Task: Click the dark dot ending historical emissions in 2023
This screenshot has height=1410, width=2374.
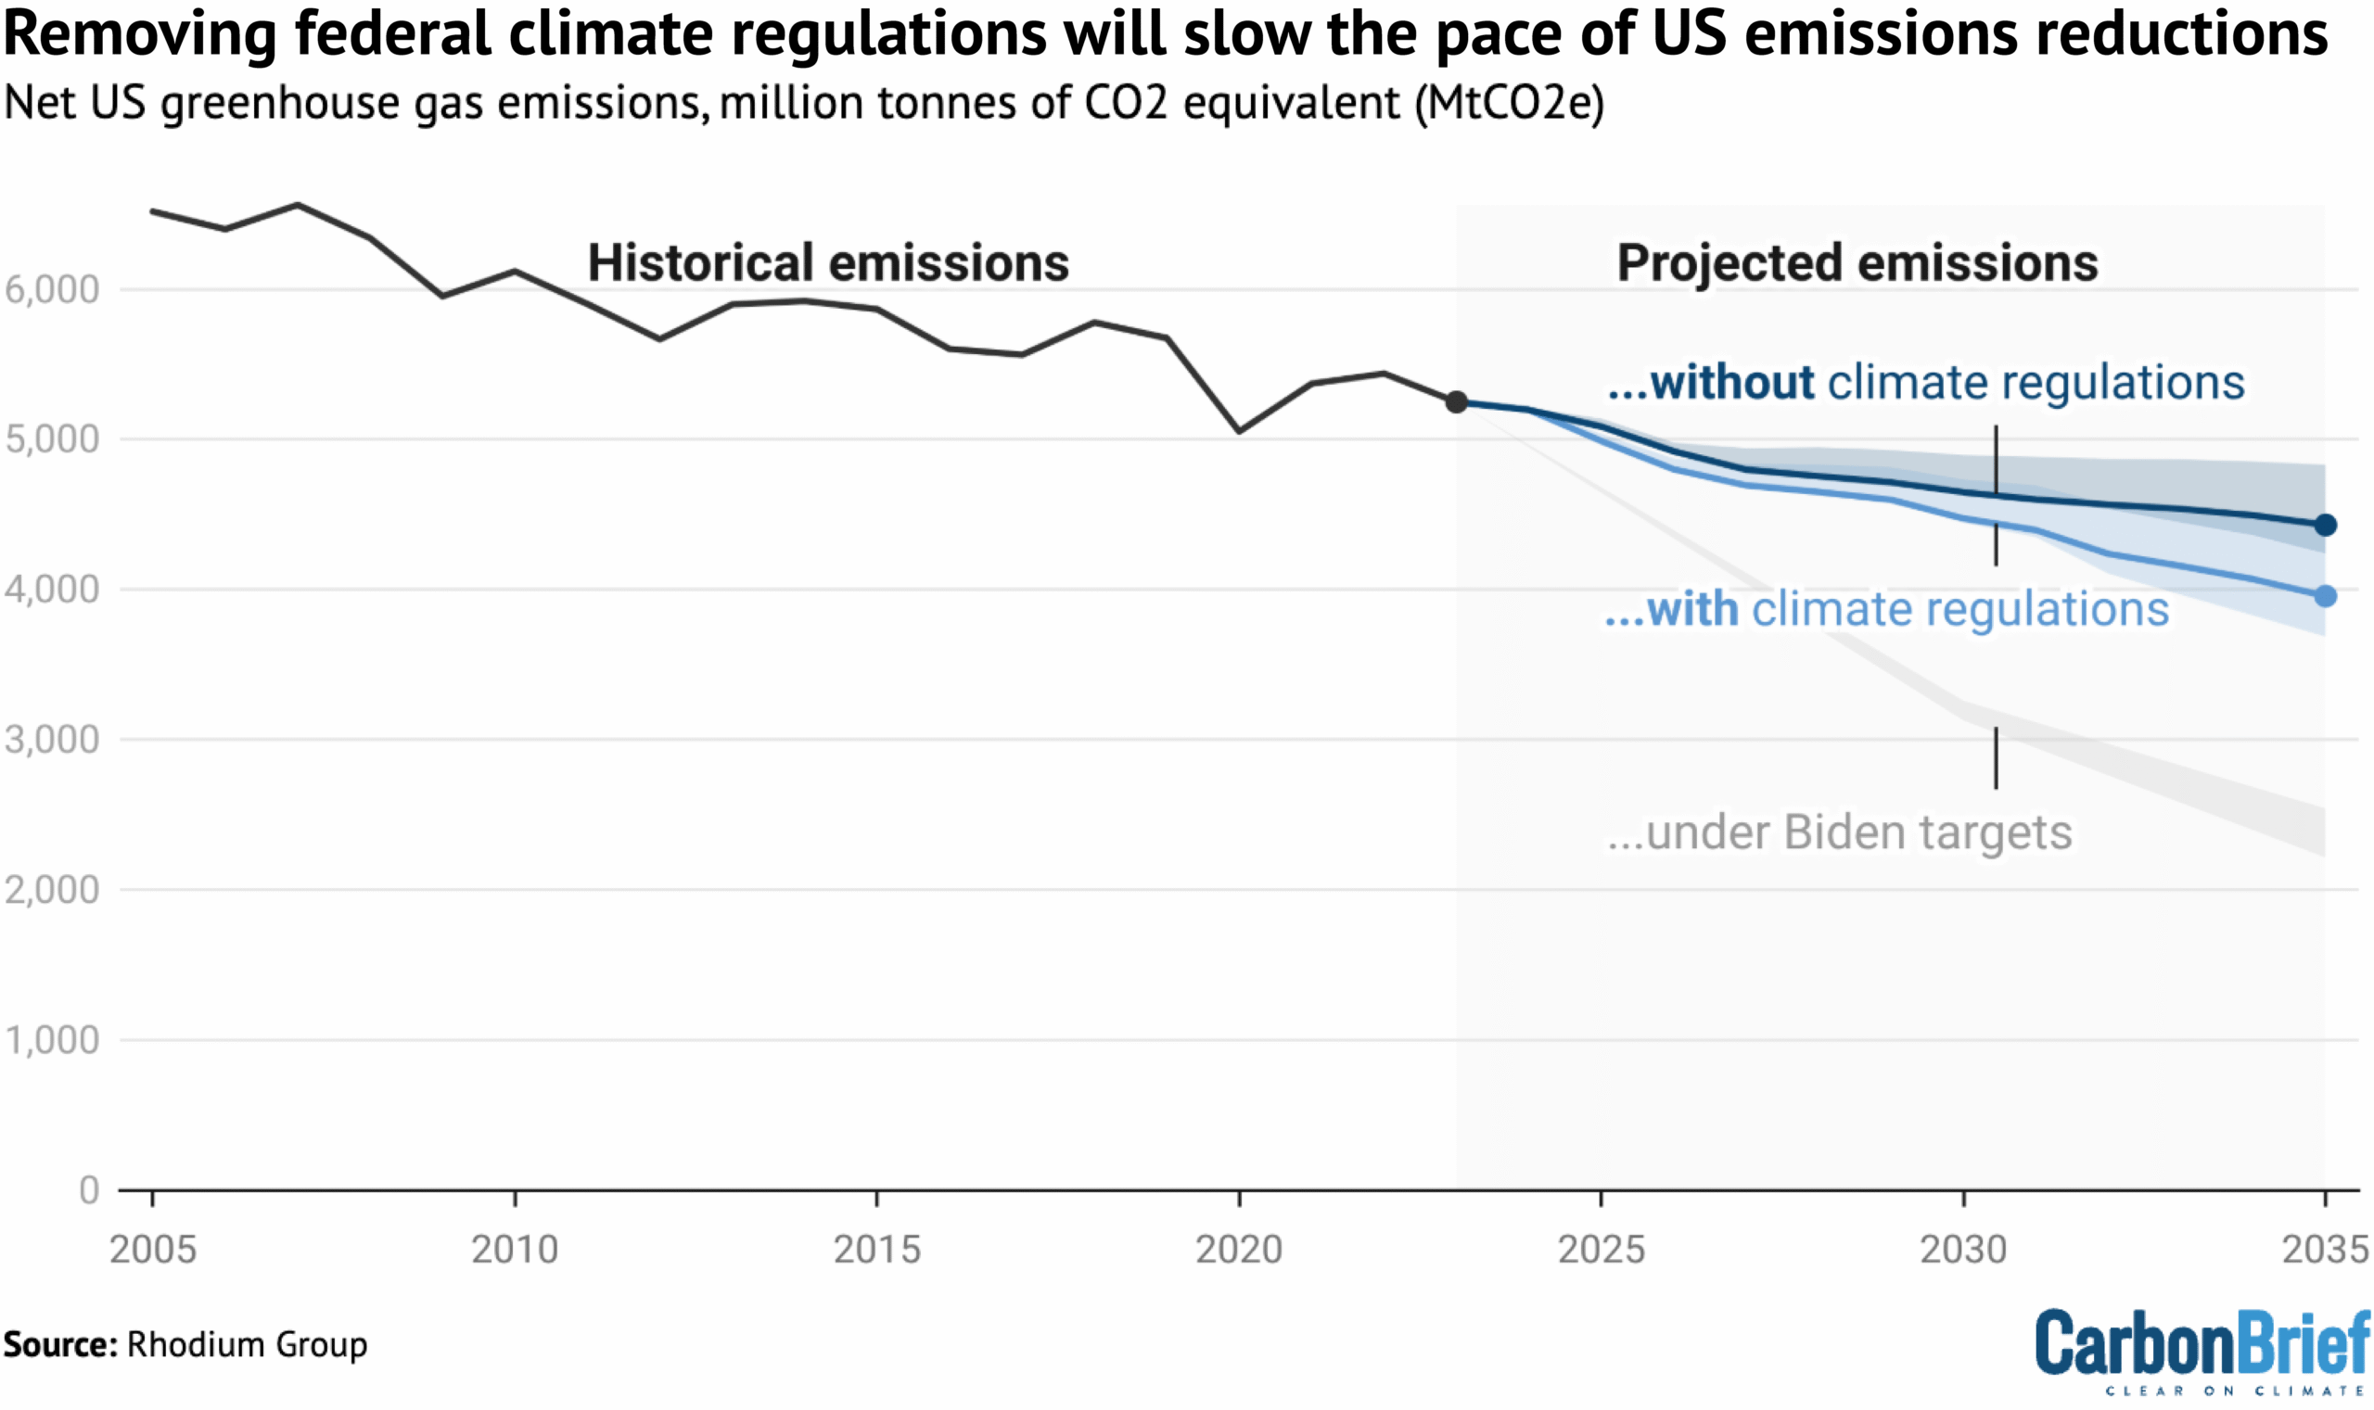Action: click(1456, 402)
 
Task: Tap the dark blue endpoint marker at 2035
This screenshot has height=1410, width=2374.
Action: click(2325, 525)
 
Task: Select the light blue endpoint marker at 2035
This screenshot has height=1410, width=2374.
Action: click(2325, 596)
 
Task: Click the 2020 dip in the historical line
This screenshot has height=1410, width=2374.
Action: click(1239, 431)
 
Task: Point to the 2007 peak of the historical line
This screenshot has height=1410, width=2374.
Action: click(298, 204)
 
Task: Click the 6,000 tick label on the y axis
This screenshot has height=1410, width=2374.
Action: click(52, 290)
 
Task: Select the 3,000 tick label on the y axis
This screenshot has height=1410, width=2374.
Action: click(52, 739)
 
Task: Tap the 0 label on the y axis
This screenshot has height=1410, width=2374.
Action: click(88, 1189)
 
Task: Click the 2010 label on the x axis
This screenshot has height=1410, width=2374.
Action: click(514, 1249)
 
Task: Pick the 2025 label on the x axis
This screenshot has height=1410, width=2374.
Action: click(1601, 1249)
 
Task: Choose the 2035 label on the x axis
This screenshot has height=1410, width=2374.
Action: click(2325, 1249)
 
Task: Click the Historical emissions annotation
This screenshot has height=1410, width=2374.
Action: click(828, 263)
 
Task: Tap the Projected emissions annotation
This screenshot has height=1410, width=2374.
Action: click(1857, 263)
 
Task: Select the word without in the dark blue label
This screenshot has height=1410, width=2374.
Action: click(1731, 383)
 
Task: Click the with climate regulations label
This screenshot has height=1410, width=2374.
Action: click(1886, 609)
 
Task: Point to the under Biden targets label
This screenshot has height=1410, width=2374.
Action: click(1839, 833)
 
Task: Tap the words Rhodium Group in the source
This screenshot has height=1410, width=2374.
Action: click(247, 1344)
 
